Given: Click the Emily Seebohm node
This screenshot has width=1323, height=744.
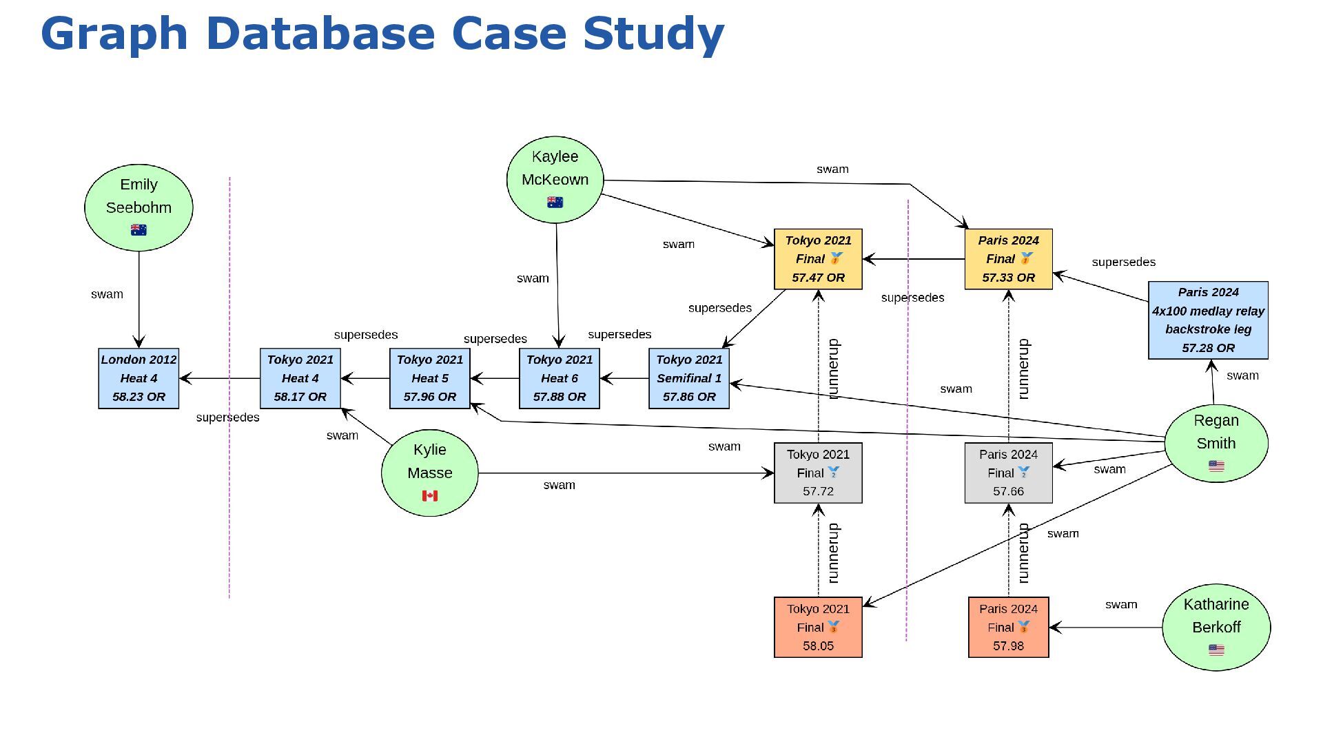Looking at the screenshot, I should pyautogui.click(x=139, y=207).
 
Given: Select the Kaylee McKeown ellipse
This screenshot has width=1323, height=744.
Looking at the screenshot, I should pyautogui.click(x=555, y=179).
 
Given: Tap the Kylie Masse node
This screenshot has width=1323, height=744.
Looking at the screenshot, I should pyautogui.click(x=429, y=473).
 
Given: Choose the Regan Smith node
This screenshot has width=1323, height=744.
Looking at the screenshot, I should pyautogui.click(x=1216, y=443).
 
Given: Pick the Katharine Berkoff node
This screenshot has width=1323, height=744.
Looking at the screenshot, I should pyautogui.click(x=1216, y=627).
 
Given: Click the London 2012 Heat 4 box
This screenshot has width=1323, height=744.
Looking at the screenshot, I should pyautogui.click(x=139, y=378).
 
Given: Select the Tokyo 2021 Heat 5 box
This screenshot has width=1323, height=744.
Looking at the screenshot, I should pyautogui.click(x=429, y=378).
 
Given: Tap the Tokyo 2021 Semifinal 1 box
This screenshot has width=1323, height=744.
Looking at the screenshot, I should pyautogui.click(x=688, y=378).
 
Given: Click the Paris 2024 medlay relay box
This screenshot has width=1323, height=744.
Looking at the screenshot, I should pyautogui.click(x=1208, y=320).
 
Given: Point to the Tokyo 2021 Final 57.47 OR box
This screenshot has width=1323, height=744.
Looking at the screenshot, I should pyautogui.click(x=818, y=259).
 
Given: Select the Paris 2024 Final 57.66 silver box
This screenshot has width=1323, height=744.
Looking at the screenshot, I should pyautogui.click(x=1008, y=473).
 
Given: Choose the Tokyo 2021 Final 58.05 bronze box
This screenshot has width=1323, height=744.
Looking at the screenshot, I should pyautogui.click(x=818, y=627).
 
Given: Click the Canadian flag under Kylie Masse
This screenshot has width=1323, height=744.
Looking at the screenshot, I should pyautogui.click(x=429, y=496).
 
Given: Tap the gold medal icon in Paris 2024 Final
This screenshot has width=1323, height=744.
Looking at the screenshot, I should pyautogui.click(x=1026, y=258).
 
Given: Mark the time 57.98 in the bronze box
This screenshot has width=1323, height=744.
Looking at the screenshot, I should pyautogui.click(x=1008, y=646).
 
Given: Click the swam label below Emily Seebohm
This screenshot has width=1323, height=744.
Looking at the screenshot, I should pyautogui.click(x=107, y=294).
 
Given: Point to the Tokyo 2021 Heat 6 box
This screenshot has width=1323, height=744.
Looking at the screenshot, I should pyautogui.click(x=559, y=378).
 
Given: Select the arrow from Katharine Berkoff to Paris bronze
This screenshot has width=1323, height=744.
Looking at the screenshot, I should pyautogui.click(x=1105, y=628).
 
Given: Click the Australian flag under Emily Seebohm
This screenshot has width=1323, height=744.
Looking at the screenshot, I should pyautogui.click(x=139, y=230).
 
